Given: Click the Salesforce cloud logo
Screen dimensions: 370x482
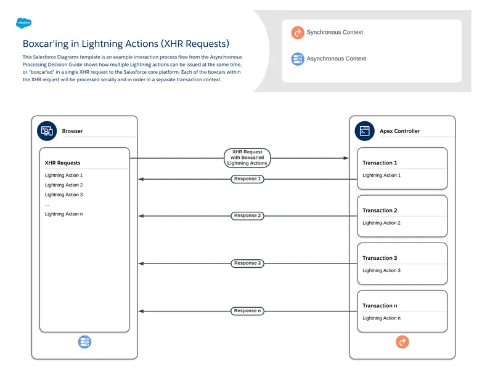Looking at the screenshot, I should [24, 23].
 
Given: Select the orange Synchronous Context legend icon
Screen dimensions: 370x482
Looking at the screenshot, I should [298, 33].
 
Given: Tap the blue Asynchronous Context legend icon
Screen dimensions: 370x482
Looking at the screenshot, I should [298, 59].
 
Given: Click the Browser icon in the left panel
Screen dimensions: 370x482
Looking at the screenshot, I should [47, 131].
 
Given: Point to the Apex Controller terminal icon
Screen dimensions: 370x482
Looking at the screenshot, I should [365, 131].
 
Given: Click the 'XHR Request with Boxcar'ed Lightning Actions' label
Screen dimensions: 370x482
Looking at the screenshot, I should [247, 158].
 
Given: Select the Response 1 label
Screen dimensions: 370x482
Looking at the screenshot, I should [247, 179].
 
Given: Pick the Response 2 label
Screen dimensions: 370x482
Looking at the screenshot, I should [247, 216].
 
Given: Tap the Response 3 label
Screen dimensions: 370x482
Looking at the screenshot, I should [247, 263].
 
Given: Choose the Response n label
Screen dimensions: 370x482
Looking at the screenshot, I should [247, 311].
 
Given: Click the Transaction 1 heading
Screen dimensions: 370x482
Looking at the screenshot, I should [380, 163].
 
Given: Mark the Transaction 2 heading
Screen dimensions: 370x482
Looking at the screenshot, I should [380, 211].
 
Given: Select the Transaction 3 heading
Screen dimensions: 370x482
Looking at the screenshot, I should [380, 258].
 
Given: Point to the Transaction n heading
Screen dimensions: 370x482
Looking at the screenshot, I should [380, 305].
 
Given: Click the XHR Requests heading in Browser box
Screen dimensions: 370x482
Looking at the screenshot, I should [62, 163].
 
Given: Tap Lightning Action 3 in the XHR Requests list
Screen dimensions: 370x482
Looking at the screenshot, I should [63, 195].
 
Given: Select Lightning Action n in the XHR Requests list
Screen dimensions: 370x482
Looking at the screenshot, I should [63, 214].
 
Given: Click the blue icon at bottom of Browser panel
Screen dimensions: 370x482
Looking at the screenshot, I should [84, 342].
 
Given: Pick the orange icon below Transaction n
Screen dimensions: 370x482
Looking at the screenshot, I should [402, 342].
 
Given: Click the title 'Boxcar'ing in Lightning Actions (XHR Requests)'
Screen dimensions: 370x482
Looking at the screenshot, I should [126, 44].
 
